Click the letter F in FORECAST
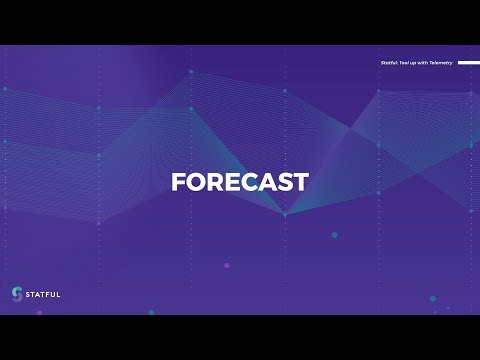coord(178,182)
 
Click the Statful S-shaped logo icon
coord(16,293)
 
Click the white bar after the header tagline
coord(468,62)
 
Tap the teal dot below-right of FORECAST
coord(334,235)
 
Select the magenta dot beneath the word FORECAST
coord(226,265)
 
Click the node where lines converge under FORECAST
coord(285,214)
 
